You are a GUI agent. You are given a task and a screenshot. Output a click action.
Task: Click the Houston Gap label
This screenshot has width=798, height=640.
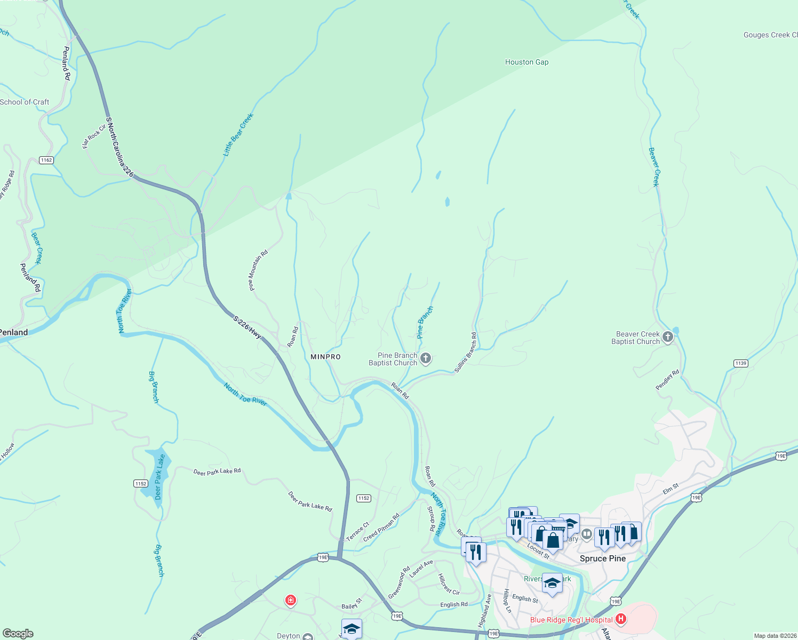click(526, 62)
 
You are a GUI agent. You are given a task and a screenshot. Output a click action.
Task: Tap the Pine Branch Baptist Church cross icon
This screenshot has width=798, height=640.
click(426, 358)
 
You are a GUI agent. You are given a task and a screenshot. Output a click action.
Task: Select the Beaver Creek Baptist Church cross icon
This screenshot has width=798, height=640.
click(668, 337)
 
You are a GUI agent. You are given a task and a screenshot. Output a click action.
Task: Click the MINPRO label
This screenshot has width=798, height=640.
click(325, 357)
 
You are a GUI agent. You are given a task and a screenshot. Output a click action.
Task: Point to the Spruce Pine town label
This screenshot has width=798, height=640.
click(602, 558)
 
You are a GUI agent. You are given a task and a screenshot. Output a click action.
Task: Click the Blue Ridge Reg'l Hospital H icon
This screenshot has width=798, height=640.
click(620, 619)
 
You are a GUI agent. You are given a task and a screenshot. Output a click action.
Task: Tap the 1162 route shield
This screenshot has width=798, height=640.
click(46, 160)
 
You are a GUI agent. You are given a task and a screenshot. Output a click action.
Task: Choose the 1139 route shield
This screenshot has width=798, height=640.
click(740, 363)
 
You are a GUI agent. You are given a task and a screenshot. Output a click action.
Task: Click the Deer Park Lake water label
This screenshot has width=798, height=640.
click(159, 477)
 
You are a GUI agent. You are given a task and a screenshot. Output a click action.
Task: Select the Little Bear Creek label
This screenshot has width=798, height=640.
click(238, 134)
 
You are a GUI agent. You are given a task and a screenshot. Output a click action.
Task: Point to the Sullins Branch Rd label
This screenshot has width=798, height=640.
click(466, 352)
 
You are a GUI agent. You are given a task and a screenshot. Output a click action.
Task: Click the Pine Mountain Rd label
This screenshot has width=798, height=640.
click(258, 270)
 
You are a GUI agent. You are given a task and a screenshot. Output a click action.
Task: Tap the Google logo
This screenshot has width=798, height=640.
click(18, 633)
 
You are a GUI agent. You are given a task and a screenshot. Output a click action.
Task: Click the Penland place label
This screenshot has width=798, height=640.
click(14, 332)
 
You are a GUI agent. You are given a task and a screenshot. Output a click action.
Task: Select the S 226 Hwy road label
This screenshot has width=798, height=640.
click(248, 327)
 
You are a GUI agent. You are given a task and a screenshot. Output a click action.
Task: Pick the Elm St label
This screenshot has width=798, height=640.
click(671, 488)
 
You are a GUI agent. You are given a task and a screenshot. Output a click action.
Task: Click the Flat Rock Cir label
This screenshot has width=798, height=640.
click(94, 136)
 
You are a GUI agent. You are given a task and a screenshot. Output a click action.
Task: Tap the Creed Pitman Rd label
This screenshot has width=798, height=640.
click(381, 528)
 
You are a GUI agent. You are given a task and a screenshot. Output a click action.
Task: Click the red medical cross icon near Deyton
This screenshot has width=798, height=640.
click(290, 601)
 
